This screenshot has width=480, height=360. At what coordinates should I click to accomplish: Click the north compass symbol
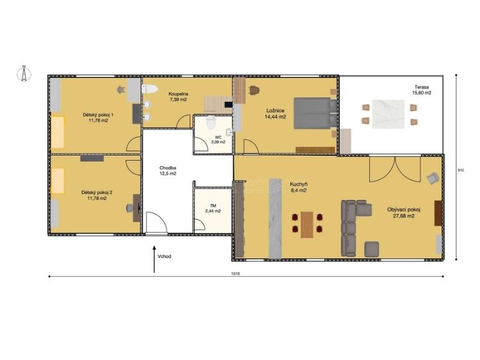pos(24,74)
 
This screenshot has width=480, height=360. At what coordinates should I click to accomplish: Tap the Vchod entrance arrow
pos(154,259)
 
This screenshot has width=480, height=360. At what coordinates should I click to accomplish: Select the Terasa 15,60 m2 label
pos(422,90)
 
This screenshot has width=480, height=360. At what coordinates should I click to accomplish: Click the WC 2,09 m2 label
pos(219,140)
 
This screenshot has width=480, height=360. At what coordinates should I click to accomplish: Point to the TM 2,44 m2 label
pos(213,209)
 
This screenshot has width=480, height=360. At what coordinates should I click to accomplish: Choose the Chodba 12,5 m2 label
pos(168,170)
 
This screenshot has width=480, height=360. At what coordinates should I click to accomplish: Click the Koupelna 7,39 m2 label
pos(178,97)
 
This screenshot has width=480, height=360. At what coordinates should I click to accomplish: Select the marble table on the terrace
pos(388,115)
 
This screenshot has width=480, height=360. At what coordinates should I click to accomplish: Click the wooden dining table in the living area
pos(307,224)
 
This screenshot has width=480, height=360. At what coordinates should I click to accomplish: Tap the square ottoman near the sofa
pos(372,249)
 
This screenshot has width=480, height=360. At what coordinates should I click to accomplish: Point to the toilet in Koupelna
pos(149,89)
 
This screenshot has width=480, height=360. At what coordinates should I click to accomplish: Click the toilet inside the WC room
pos(211,122)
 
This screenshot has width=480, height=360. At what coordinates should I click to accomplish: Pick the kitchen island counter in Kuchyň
pos(275,218)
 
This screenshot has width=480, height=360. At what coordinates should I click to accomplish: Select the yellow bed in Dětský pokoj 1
pos(58,132)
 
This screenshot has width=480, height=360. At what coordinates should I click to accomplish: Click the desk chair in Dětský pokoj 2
pos(130,208)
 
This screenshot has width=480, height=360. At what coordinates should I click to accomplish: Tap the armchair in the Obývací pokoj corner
pos(433,178)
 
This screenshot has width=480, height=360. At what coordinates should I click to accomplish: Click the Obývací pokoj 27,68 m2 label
pos(404,213)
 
